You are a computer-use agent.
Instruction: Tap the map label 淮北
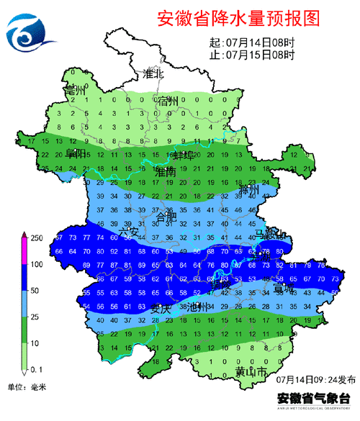pyautogui.click(x=153, y=74)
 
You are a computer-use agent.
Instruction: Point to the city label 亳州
pyautogui.click(x=74, y=92)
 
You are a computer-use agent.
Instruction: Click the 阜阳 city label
pyautogui.click(x=77, y=154)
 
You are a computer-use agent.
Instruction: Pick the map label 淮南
pyautogui.click(x=166, y=173)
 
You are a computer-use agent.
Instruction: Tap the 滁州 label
pyautogui.click(x=257, y=190)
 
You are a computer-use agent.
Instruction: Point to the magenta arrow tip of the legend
pyautogui.click(x=23, y=235)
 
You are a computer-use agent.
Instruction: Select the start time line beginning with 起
pyautogui.click(x=251, y=42)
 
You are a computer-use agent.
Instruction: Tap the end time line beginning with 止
pyautogui.click(x=251, y=54)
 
